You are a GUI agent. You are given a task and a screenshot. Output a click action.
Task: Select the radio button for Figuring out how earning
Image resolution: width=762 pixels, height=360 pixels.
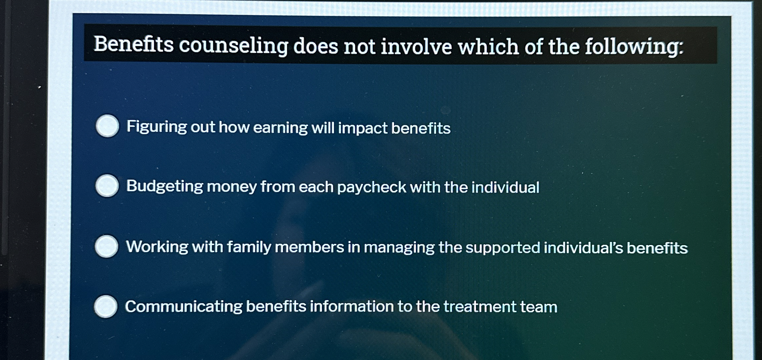pyautogui.click(x=107, y=126)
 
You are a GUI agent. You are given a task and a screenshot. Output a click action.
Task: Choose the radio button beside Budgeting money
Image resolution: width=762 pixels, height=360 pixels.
pyautogui.click(x=107, y=186)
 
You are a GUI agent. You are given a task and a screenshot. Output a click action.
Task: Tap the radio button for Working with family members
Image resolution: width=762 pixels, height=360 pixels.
pyautogui.click(x=106, y=246)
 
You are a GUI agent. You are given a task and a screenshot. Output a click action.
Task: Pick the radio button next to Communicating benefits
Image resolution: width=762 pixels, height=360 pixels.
pyautogui.click(x=106, y=306)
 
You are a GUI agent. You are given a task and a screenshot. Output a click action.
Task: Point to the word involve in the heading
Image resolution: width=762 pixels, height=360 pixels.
pyautogui.click(x=416, y=47)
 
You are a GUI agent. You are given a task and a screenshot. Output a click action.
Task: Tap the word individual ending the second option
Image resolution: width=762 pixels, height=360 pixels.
pyautogui.click(x=505, y=187)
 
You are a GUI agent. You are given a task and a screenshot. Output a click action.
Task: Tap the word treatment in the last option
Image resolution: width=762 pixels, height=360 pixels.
pyautogui.click(x=480, y=307)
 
